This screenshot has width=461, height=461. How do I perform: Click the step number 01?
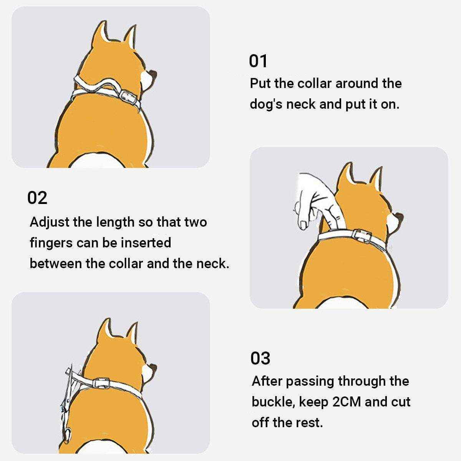[x=258, y=61]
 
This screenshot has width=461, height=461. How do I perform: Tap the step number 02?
[x=37, y=197]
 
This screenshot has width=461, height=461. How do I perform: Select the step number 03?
[x=260, y=358]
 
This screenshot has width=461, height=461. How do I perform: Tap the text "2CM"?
[x=347, y=402]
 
